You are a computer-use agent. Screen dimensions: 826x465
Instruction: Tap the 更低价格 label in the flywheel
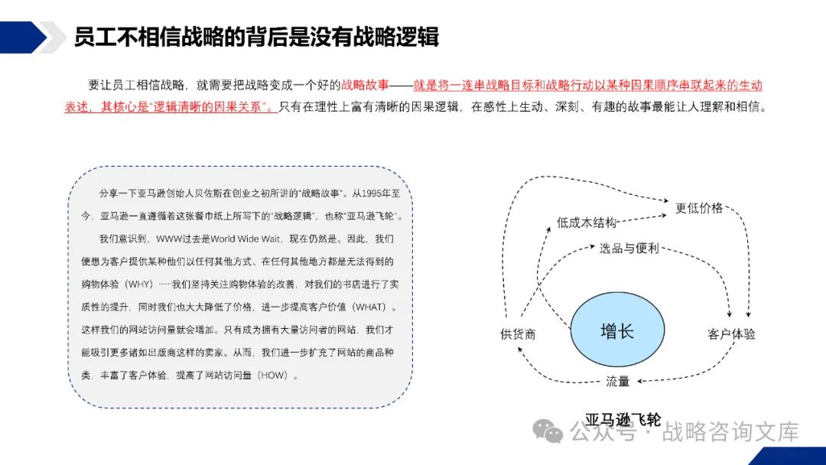(698, 207)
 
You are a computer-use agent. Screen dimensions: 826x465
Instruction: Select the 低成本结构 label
(587, 223)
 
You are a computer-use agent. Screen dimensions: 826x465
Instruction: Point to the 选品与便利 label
(629, 249)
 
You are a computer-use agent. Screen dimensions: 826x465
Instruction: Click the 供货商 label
(518, 334)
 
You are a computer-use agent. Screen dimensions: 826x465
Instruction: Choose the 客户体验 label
(731, 334)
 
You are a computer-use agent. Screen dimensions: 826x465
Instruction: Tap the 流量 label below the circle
(617, 381)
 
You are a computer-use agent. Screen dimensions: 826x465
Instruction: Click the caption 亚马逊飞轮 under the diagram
(623, 419)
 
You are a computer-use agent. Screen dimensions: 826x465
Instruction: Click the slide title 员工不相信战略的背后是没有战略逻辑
(255, 36)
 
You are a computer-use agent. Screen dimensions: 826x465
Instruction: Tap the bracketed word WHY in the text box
(140, 284)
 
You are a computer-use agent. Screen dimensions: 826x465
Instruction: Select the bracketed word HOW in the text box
(275, 376)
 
